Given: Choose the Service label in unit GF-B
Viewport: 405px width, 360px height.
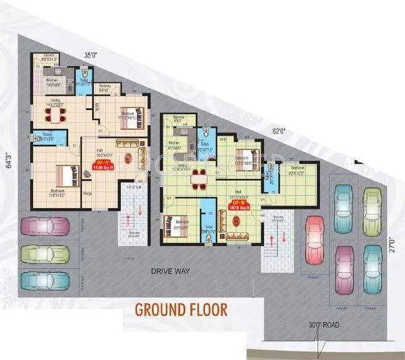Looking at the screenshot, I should [179, 118].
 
